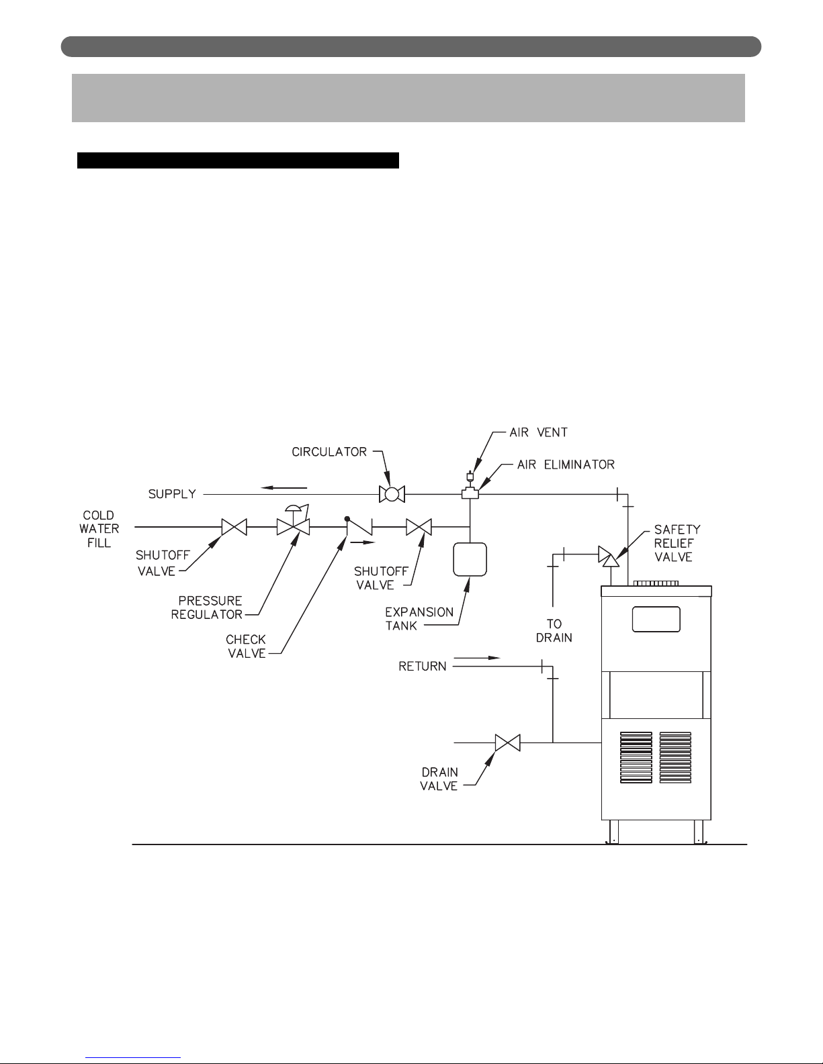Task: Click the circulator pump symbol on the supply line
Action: pyautogui.click(x=392, y=494)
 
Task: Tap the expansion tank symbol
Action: pyautogui.click(x=470, y=559)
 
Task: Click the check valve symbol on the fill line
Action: pyautogui.click(x=359, y=526)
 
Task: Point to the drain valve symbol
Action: pyautogui.click(x=507, y=743)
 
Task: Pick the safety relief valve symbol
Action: pyautogui.click(x=609, y=557)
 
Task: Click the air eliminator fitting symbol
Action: pyautogui.click(x=470, y=493)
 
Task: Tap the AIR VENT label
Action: pyautogui.click(x=538, y=432)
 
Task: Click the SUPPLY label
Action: pyautogui.click(x=172, y=494)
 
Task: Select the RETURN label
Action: pyautogui.click(x=423, y=667)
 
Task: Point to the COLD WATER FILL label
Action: pyautogui.click(x=99, y=529)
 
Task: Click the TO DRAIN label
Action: pyautogui.click(x=554, y=630)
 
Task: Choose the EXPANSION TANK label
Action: pyautogui.click(x=419, y=619)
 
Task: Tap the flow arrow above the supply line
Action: pyautogui.click(x=284, y=487)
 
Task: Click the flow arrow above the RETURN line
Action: pyautogui.click(x=477, y=658)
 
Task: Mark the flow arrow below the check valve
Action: pyautogui.click(x=363, y=542)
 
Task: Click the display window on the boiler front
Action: pyautogui.click(x=656, y=619)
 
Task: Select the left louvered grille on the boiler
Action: pyautogui.click(x=636, y=757)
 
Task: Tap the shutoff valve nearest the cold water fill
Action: pyautogui.click(x=234, y=527)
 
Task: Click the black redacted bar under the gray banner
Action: pyautogui.click(x=238, y=160)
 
